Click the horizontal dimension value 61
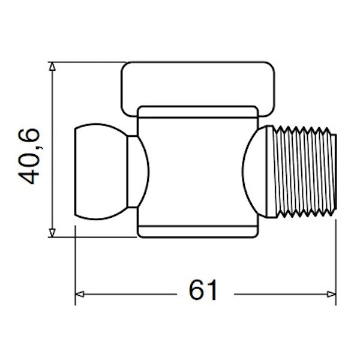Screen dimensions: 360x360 pos(203,290)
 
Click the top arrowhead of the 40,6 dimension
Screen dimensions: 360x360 pos(53,67)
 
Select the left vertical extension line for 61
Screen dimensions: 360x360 pos(75,264)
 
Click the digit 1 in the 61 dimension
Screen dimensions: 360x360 pos(211,290)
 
